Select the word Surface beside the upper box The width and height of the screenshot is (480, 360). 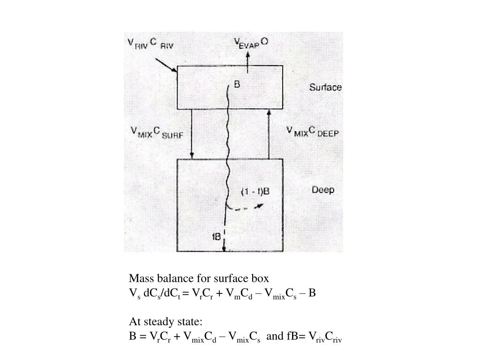click(x=325, y=88)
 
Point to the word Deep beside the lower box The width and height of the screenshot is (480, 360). click(x=323, y=190)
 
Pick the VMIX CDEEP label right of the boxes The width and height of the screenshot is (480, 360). click(x=312, y=132)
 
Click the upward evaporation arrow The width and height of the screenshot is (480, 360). click(x=247, y=61)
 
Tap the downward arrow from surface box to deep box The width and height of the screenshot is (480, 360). click(x=192, y=134)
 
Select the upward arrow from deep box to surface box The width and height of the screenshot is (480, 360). click(x=269, y=134)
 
